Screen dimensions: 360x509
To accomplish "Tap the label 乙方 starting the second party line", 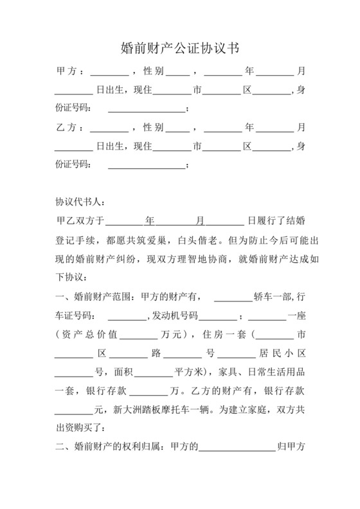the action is [x=68, y=127].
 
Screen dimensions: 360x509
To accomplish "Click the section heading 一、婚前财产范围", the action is [x=91, y=298].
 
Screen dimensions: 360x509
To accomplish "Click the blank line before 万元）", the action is [x=138, y=337].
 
